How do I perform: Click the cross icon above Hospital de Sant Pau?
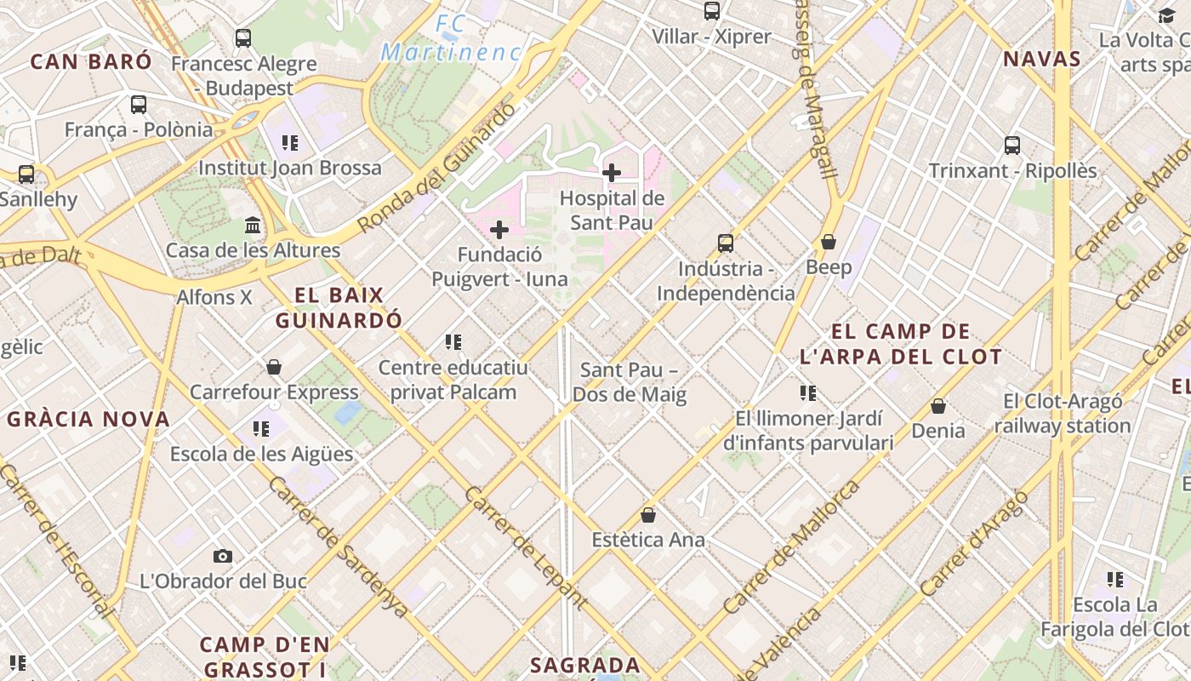tap(611, 173)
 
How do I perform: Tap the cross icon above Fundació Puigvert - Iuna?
tap(499, 230)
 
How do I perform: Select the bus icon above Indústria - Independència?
tap(726, 243)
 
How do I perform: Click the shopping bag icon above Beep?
tap(829, 243)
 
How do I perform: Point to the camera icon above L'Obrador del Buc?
tap(223, 556)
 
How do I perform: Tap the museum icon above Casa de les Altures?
tap(253, 226)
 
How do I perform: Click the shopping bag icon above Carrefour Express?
tap(274, 367)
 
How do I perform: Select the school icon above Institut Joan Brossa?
tap(290, 143)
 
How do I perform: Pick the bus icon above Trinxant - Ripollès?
tap(1012, 146)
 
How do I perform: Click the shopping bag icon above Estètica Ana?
tap(648, 515)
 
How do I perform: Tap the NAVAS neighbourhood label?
tap(1041, 60)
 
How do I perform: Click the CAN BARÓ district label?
tap(91, 61)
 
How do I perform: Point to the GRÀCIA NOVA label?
tap(89, 419)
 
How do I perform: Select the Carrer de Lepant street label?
tap(525, 548)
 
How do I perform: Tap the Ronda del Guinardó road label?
tap(436, 169)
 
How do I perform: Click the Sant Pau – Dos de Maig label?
tap(629, 382)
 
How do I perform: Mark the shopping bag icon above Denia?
tap(938, 406)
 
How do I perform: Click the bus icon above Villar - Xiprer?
tap(712, 11)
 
